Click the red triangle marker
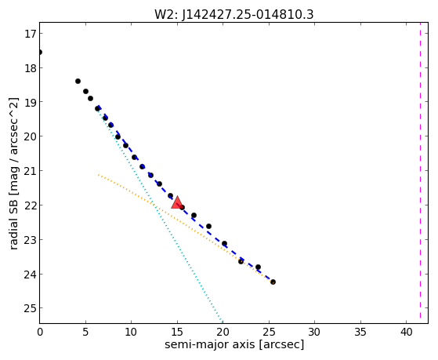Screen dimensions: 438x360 tap(177, 202)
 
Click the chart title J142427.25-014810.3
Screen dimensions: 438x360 tap(233, 14)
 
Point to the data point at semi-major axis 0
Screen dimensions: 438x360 tap(40, 53)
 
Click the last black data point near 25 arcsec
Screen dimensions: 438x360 tap(273, 282)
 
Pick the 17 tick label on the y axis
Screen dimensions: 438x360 tap(31, 34)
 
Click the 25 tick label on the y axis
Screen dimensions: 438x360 tap(31, 308)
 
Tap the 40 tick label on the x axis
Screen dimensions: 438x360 tap(407, 332)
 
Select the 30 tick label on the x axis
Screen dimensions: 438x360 tap(314, 332)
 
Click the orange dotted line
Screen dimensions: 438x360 tap(186, 228)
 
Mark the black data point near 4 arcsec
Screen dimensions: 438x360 tap(78, 81)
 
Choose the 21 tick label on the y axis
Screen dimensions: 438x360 tap(31, 171)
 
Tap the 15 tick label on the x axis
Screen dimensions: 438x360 tap(177, 332)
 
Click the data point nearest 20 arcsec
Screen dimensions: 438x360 tap(224, 244)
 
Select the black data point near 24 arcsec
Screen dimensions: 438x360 tap(258, 267)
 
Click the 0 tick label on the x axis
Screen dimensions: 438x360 tap(40, 332)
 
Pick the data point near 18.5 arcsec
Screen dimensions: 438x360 tap(208, 227)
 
